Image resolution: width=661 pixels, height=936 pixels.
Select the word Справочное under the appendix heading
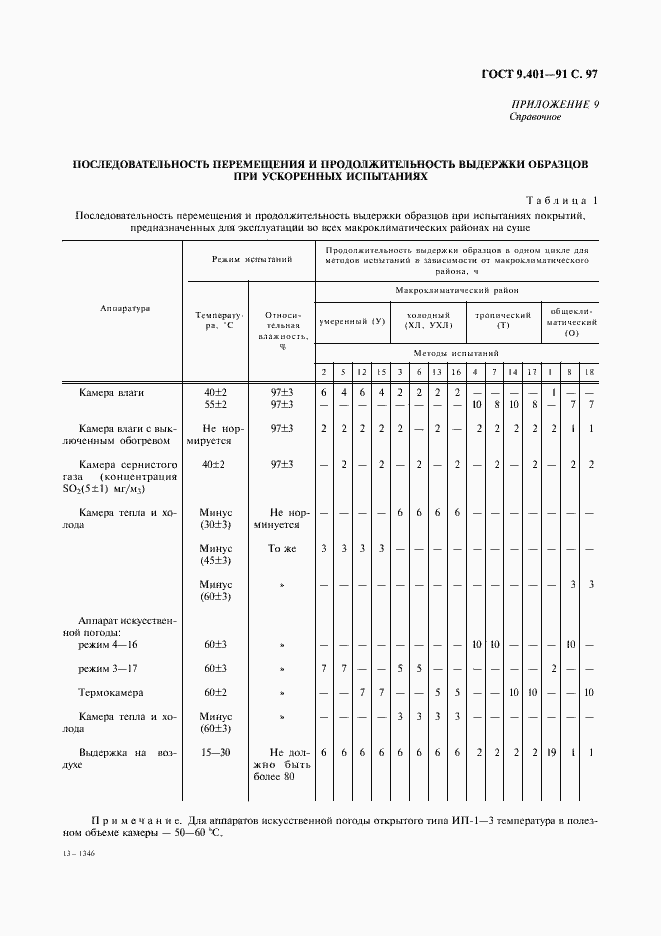pos(535,117)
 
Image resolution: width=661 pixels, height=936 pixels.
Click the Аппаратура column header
pos(124,309)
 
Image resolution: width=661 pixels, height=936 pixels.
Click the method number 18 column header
pos(590,373)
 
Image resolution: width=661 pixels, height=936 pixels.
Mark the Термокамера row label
pos(111,692)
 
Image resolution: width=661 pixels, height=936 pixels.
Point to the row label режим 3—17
pos(104,668)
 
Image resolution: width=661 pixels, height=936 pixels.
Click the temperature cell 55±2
pos(215,405)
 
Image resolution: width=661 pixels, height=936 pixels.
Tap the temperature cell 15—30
pos(215,751)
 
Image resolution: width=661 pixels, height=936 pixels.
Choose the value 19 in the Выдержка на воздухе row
pos(553,751)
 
